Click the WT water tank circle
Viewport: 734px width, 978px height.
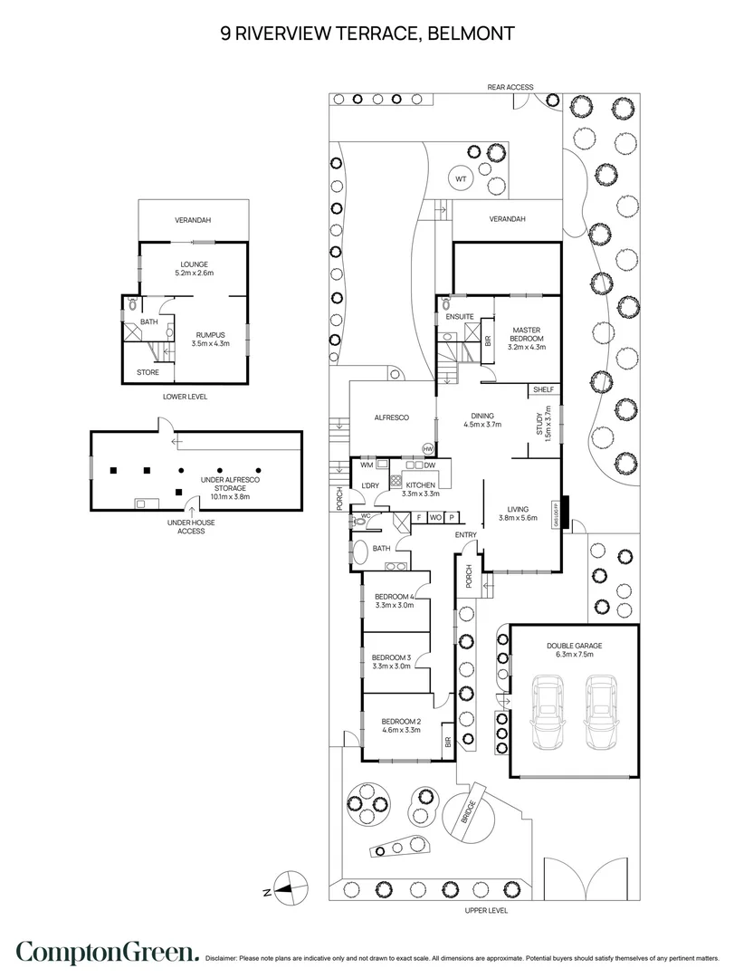point(461,179)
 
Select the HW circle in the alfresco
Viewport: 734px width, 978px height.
point(428,448)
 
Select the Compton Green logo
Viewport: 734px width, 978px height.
point(108,952)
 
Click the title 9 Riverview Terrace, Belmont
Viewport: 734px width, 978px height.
point(367,34)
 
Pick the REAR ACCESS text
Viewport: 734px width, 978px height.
point(510,87)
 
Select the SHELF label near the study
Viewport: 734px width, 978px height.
point(543,389)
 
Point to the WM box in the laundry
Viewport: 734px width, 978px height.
point(367,465)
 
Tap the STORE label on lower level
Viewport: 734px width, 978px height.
point(148,372)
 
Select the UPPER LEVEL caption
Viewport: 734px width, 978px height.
point(485,909)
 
